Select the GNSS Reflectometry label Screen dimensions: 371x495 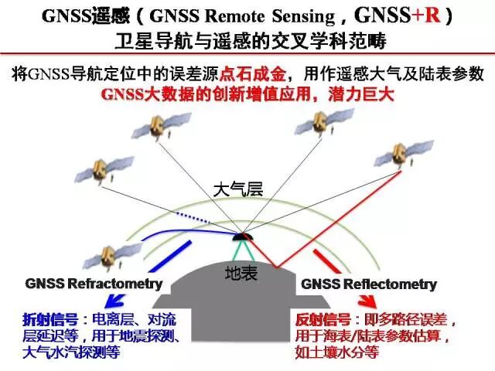coord(369,284)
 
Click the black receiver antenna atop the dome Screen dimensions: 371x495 coord(244,236)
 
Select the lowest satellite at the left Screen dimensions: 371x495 coord(113,254)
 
